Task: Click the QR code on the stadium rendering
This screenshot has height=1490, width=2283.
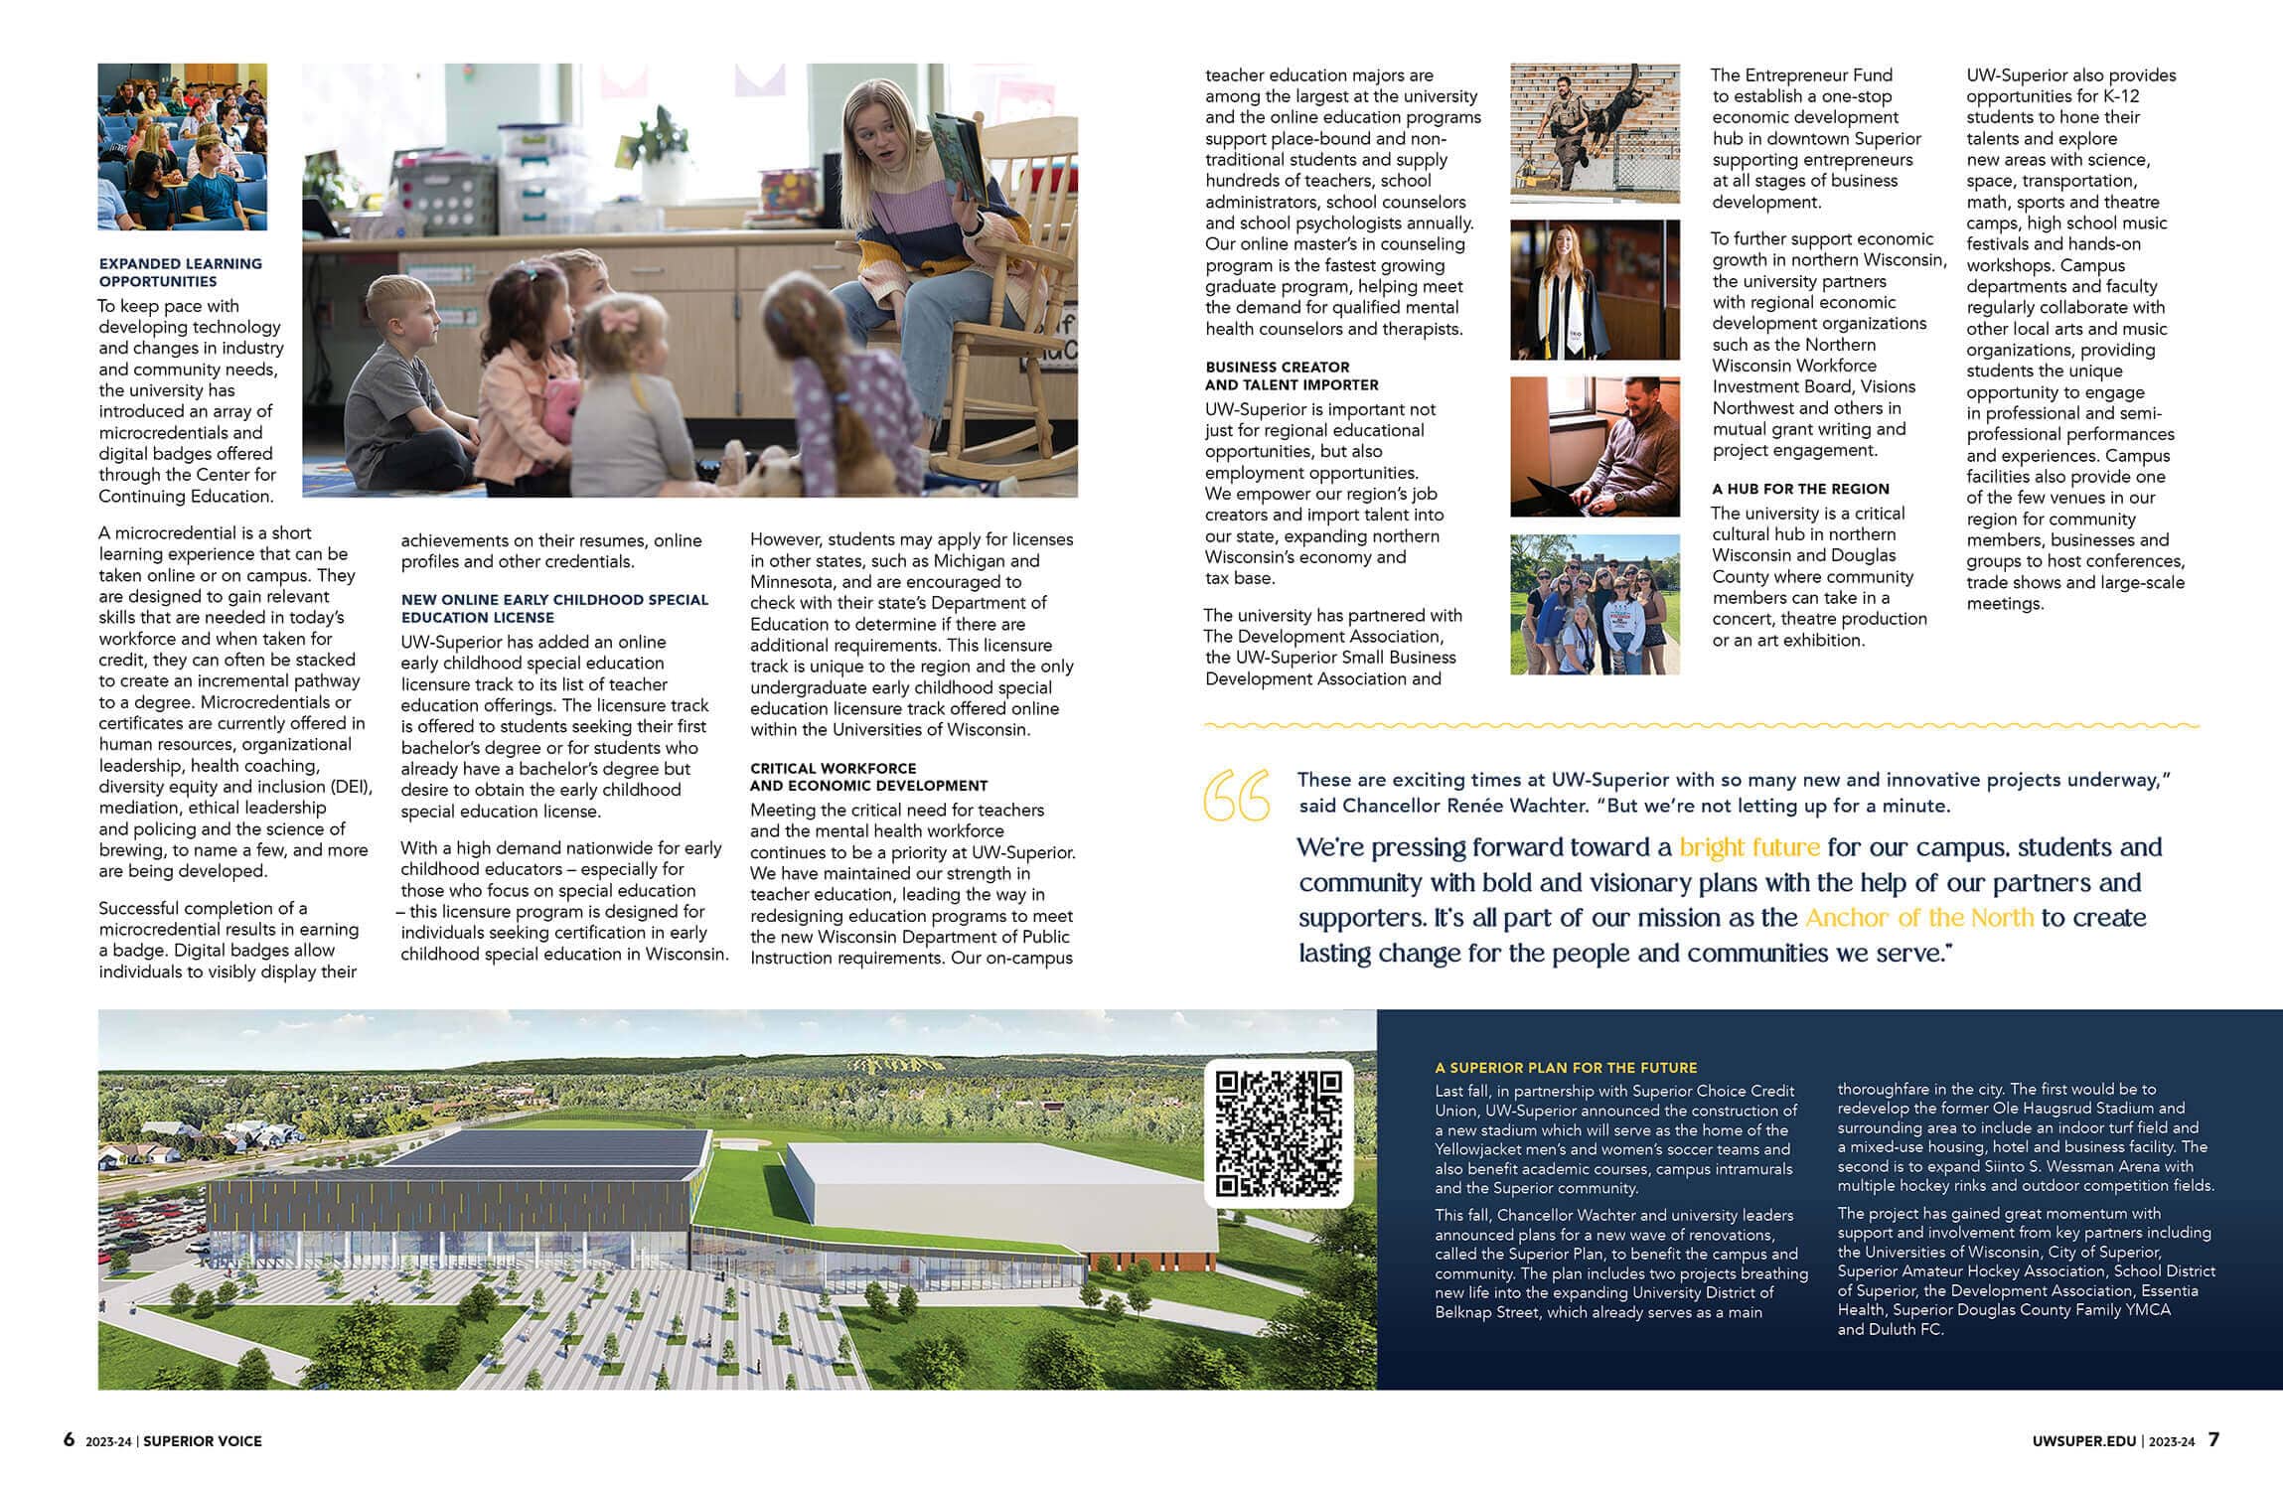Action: pos(1279,1132)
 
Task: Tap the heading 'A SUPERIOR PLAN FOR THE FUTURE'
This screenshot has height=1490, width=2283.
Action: pos(1566,1068)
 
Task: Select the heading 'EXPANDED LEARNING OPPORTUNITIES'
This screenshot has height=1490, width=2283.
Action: pos(181,272)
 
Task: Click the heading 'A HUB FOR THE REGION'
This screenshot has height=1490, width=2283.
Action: pos(1800,489)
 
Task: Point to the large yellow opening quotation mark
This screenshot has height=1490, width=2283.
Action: pos(1235,795)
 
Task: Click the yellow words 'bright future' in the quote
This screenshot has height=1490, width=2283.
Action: pos(1750,847)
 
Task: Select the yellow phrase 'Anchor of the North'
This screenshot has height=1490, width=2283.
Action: pos(1919,917)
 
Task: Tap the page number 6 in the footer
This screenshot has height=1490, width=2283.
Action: pos(69,1439)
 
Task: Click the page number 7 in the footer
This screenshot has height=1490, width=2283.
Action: pos(2213,1439)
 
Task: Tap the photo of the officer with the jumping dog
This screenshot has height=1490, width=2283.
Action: pos(1595,133)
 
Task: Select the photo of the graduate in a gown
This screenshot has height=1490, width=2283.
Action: pos(1595,289)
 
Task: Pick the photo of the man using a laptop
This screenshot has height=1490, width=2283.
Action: pos(1595,446)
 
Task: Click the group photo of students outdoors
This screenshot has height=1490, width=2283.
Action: pos(1595,604)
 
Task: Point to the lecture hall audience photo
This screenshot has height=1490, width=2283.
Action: pos(182,146)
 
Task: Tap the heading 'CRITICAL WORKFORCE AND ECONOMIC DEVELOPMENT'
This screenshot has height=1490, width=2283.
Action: pos(868,777)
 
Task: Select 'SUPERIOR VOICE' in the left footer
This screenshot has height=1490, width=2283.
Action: pos(203,1441)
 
